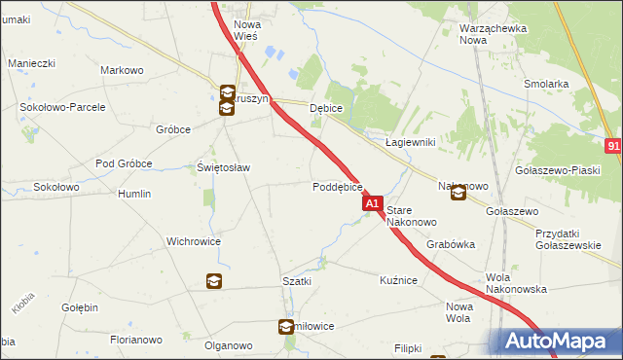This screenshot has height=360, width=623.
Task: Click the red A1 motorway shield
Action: click(373, 204)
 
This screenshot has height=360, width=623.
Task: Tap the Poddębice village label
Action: click(338, 187)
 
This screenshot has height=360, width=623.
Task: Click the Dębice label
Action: click(325, 109)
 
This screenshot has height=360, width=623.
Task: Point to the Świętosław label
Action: click(224, 167)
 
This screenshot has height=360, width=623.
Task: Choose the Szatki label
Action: click(297, 280)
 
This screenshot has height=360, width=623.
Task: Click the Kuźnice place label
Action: click(398, 280)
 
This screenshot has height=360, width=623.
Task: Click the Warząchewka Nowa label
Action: click(493, 34)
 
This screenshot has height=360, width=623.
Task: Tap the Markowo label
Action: click(123, 70)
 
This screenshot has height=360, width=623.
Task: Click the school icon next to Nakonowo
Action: click(458, 194)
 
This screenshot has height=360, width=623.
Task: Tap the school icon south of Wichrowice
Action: click(213, 282)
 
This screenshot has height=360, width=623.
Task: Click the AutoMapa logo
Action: click(556, 342)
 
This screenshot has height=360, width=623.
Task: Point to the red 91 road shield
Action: click(613, 146)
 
